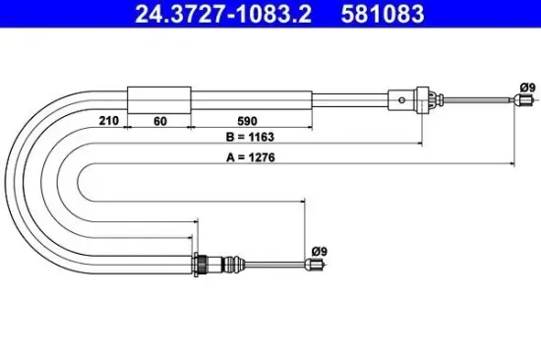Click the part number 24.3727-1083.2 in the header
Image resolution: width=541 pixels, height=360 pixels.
click(x=223, y=14)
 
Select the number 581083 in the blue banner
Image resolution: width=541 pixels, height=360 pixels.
click(x=383, y=14)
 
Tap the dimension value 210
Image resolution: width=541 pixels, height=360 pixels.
click(x=108, y=120)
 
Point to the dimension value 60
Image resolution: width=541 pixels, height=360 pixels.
click(x=160, y=121)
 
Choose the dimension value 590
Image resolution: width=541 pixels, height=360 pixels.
click(x=247, y=121)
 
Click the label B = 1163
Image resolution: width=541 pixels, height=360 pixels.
click(x=250, y=137)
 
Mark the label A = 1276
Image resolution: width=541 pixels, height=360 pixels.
click(x=251, y=157)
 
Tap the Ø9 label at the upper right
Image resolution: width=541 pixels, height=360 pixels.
click(x=527, y=88)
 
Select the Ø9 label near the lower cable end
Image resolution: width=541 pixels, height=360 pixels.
click(x=319, y=251)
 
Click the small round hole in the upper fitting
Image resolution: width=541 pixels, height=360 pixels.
click(x=401, y=100)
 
